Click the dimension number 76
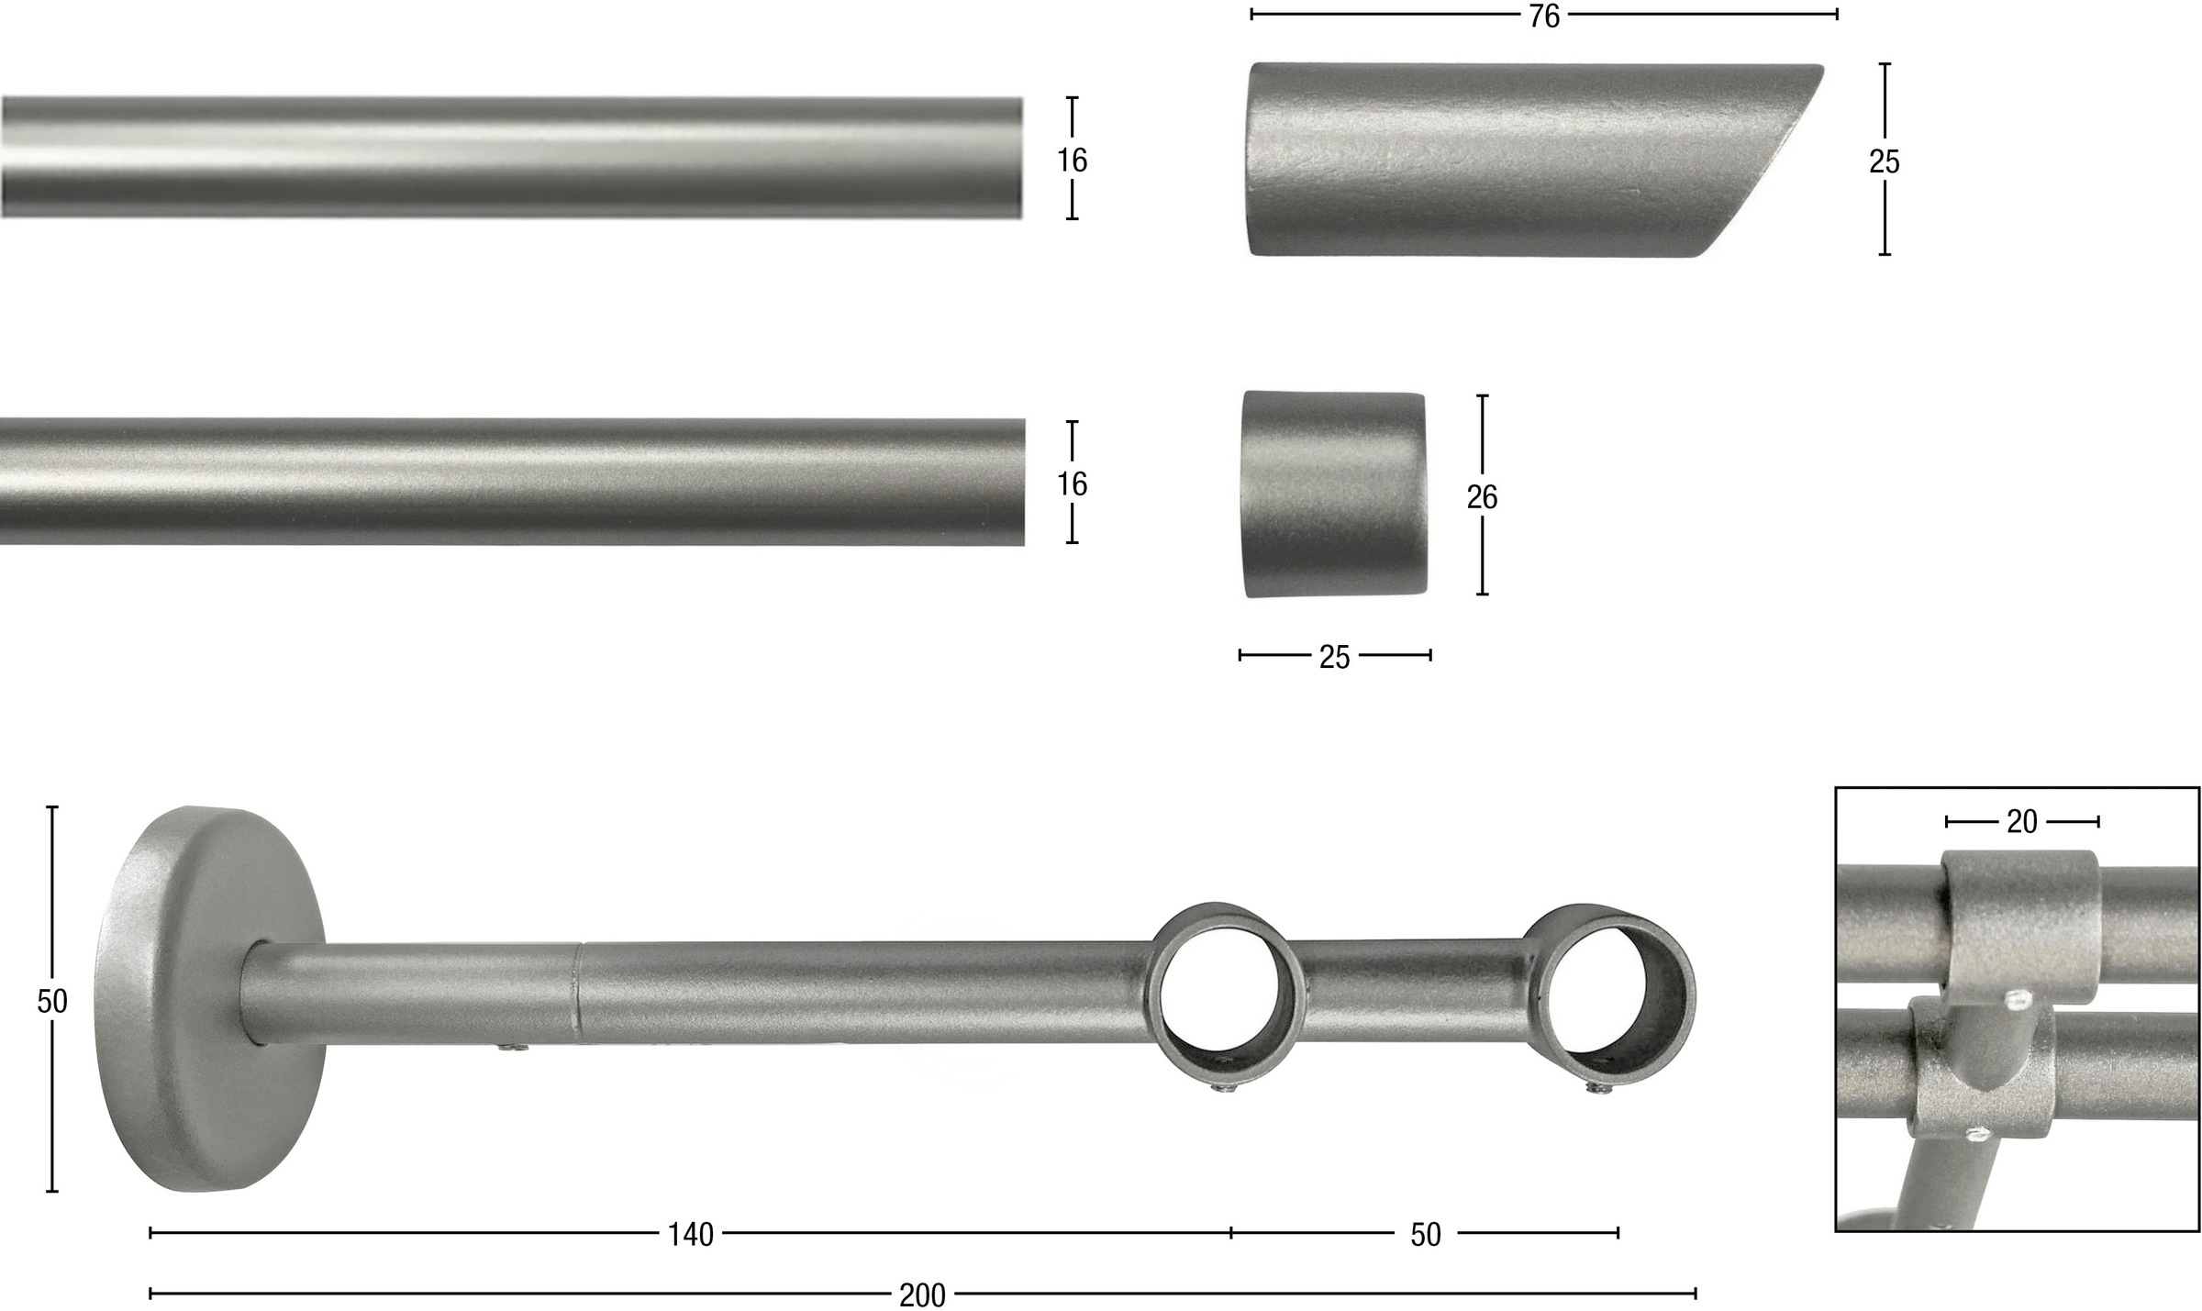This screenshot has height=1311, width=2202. point(1544,17)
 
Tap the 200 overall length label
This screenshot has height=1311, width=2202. point(922,1295)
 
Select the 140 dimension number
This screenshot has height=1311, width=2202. point(690,1235)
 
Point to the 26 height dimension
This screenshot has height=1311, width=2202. point(1482,496)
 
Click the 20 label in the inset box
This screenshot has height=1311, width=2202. point(2021,822)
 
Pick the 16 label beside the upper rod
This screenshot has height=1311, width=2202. point(1072,161)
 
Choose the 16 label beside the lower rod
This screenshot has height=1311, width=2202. point(1072,483)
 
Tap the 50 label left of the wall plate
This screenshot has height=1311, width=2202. point(52,1001)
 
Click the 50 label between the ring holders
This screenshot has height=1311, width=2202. point(1425,1235)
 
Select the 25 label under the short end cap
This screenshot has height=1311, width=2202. point(1334,657)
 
